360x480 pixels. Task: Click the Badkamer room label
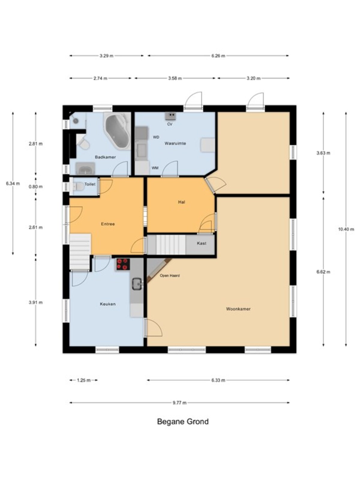[x=105, y=157]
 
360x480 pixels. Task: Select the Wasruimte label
[x=175, y=143]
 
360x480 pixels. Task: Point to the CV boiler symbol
[x=170, y=116]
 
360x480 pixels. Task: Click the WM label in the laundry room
[x=155, y=168]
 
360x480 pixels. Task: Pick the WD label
[x=156, y=137]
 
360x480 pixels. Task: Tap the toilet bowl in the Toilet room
[x=78, y=187]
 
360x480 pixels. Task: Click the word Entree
[x=108, y=224]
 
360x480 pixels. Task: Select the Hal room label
[x=181, y=202]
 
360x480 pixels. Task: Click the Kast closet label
[x=201, y=243]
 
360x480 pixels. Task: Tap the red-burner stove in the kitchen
[x=123, y=264]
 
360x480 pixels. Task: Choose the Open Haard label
[x=169, y=275]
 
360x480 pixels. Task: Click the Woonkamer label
[x=238, y=309]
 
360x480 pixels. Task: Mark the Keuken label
[x=107, y=304]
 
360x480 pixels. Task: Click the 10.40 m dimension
[x=346, y=229]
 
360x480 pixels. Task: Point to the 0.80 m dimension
[x=36, y=187]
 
